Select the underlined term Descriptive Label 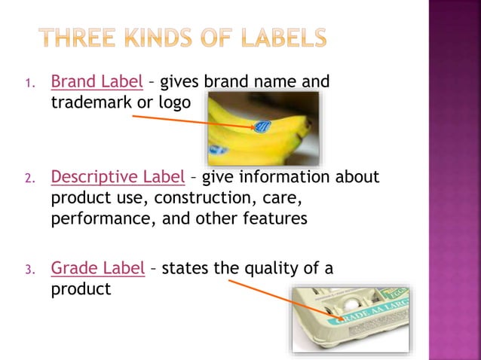(x=117, y=178)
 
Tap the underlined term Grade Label (x=97, y=267)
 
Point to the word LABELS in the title (x=284, y=37)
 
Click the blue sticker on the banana (x=263, y=127)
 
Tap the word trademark (x=90, y=102)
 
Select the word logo (x=173, y=102)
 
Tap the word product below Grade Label (x=81, y=288)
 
